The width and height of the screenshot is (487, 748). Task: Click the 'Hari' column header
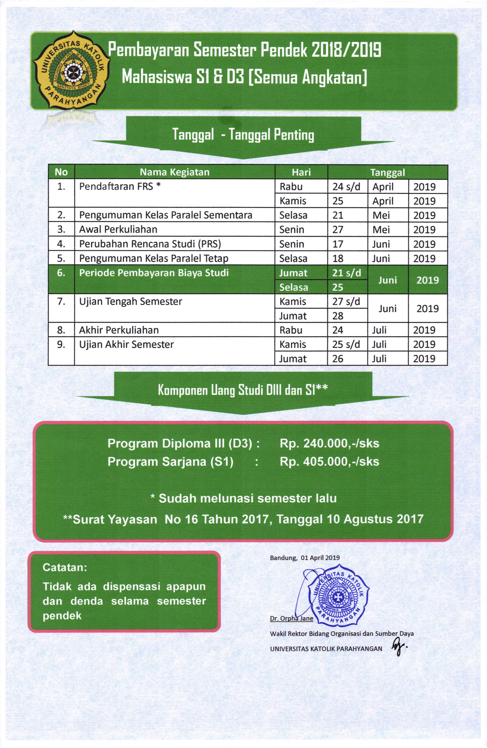point(301,172)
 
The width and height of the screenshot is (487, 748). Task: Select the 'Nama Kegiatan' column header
point(174,172)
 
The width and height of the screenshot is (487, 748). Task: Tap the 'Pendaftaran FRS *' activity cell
point(120,187)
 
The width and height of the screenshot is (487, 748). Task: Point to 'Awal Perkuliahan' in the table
point(118,230)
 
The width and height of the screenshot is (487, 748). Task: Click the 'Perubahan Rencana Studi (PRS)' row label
point(150,244)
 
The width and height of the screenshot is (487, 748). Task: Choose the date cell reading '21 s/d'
point(347,273)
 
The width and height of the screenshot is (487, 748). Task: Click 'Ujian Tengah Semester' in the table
point(130,302)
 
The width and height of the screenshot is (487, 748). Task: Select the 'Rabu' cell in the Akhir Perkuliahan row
point(291,330)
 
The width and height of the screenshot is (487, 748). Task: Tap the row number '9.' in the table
point(61,344)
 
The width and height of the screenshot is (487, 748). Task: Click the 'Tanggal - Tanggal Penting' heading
point(243,135)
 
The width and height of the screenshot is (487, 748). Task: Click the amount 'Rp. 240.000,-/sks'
point(329,444)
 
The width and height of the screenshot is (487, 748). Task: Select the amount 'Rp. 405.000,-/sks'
point(329,462)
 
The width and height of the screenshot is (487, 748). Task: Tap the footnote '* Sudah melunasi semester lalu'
point(243,498)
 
